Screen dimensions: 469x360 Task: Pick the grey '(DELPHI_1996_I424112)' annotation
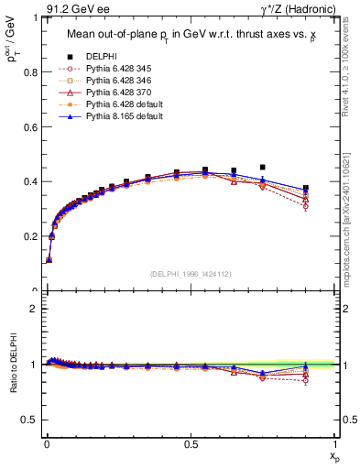click(x=190, y=274)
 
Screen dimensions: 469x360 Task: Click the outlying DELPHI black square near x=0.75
click(x=263, y=168)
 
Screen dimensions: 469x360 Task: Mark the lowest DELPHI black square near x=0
click(x=49, y=260)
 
